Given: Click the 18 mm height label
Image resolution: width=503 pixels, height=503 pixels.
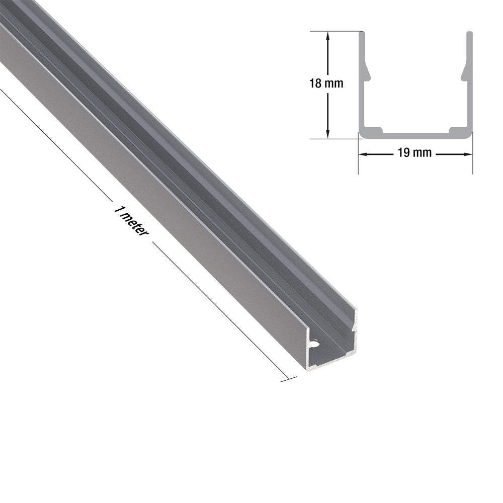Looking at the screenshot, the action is click(x=326, y=83).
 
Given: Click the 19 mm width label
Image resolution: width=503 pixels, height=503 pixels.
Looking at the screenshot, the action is click(x=415, y=153).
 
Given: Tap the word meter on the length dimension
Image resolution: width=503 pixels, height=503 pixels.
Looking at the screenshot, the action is click(x=136, y=224).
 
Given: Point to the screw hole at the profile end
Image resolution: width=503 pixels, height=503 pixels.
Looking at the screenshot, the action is click(x=313, y=344).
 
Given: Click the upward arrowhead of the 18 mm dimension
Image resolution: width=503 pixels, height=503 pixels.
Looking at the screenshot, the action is click(x=327, y=35).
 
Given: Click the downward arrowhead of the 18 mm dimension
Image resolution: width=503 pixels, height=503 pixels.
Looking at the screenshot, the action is click(x=327, y=134).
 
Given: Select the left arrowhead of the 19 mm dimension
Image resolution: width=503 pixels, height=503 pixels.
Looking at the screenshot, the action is click(x=363, y=154).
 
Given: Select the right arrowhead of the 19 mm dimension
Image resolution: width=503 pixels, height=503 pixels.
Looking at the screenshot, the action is click(x=468, y=154).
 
